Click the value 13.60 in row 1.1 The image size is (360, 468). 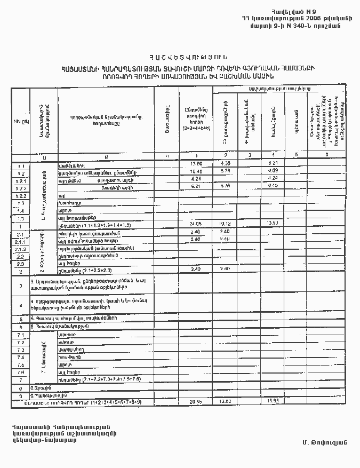tap(196, 163)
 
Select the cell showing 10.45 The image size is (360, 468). tap(196, 171)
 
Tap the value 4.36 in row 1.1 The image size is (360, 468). tap(225, 163)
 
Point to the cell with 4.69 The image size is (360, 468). tap(273, 171)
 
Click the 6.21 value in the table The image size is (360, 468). tap(196, 186)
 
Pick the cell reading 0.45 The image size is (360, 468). tap(273, 186)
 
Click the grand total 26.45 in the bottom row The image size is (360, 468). tap(196, 401)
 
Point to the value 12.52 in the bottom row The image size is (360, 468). tap(225, 401)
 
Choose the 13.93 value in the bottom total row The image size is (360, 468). tap(273, 401)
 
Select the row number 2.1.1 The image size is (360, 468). tap(20, 242)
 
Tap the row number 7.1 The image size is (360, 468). tap(20, 335)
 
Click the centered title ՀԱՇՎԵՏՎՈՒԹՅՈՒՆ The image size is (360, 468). tap(185, 57)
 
